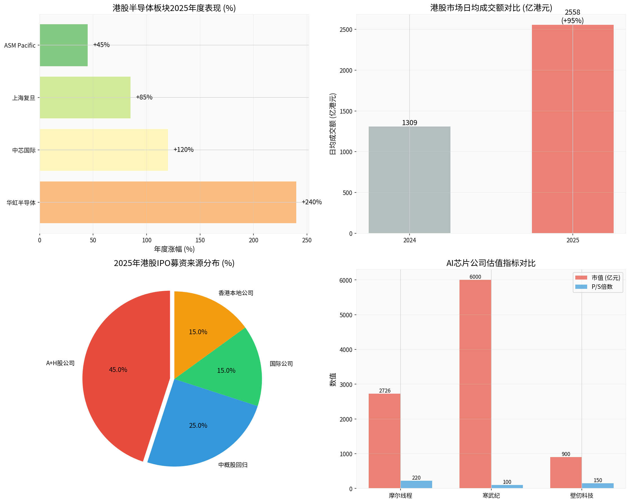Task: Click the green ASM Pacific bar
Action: click(x=64, y=45)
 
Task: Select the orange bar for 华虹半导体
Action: click(x=168, y=202)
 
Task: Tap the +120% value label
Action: click(x=183, y=150)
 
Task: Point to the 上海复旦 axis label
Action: click(x=24, y=98)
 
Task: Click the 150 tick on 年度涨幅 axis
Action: click(x=200, y=240)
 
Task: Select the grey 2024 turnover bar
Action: click(x=409, y=180)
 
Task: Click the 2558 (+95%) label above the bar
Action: click(x=572, y=16)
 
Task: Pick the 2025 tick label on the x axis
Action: click(x=572, y=240)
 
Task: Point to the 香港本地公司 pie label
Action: click(x=236, y=293)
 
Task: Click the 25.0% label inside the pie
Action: click(x=198, y=425)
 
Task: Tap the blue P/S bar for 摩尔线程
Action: click(x=416, y=484)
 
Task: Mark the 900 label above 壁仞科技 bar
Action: click(x=566, y=454)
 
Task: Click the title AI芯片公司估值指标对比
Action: click(x=491, y=263)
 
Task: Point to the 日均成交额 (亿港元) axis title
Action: click(x=333, y=124)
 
